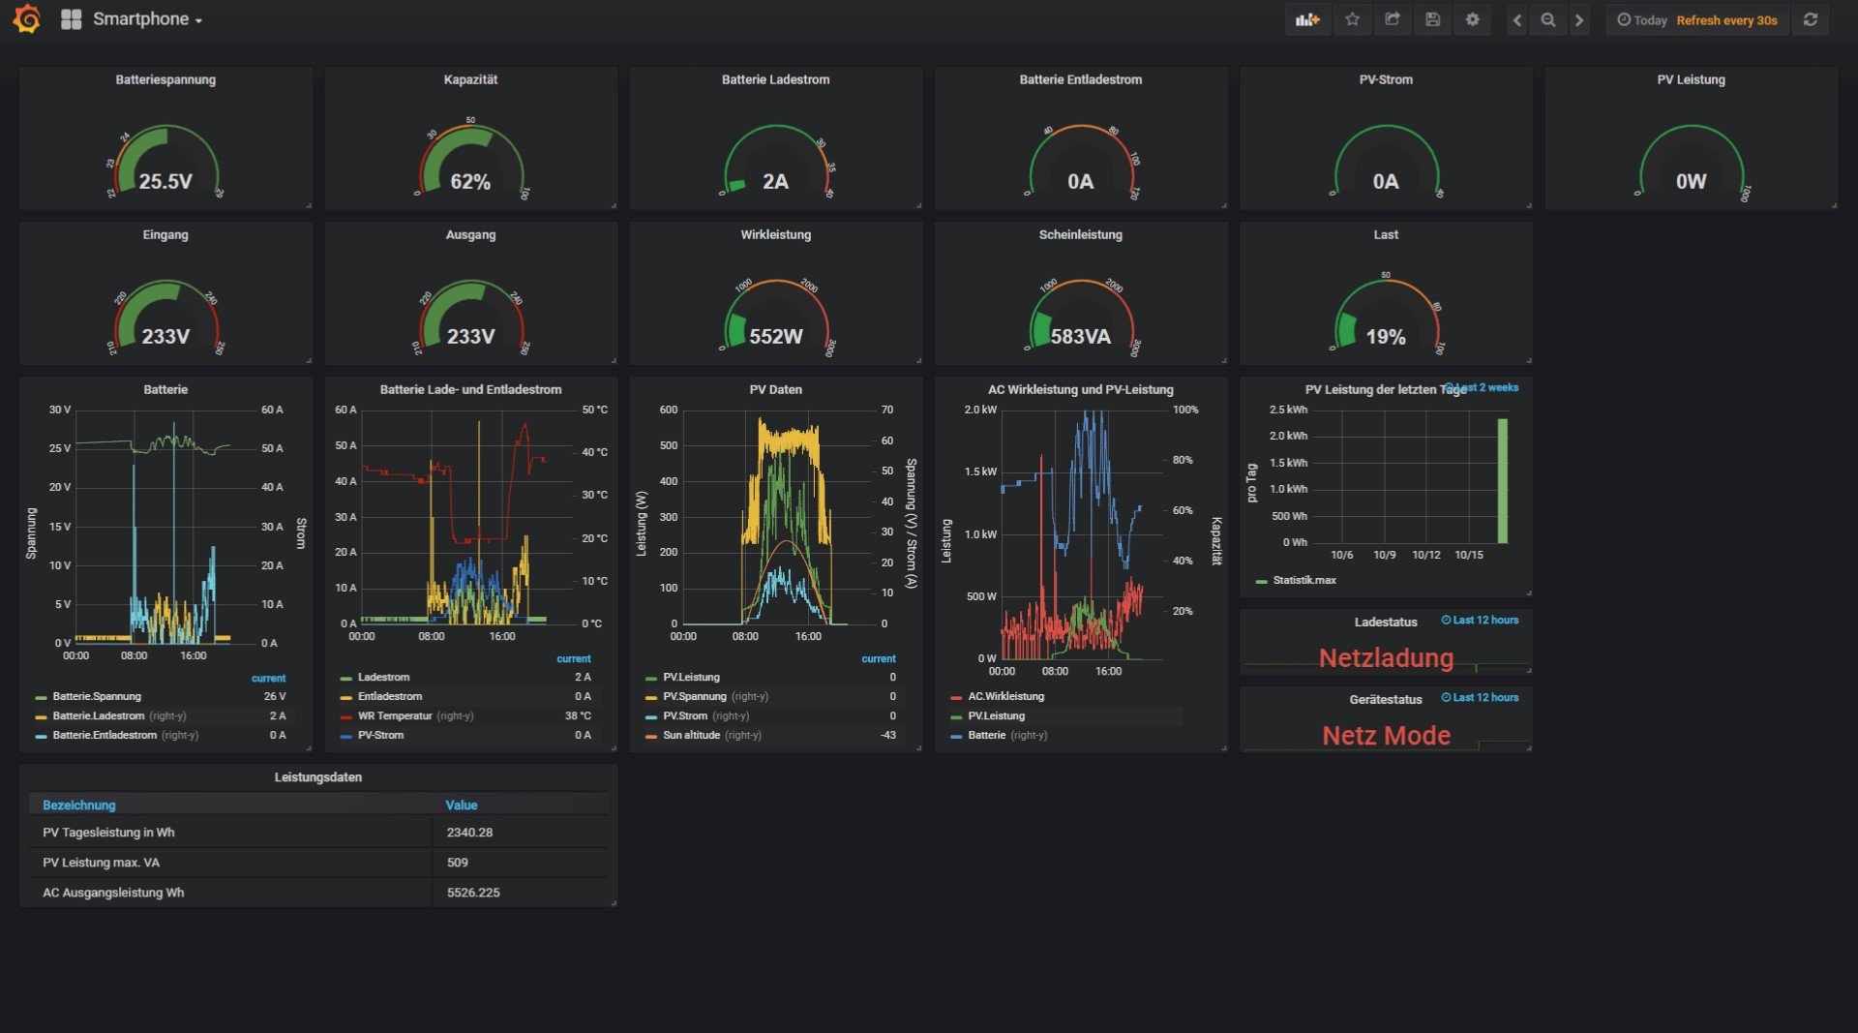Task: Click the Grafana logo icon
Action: [x=27, y=19]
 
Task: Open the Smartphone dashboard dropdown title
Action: [x=146, y=19]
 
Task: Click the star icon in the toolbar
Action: [x=1352, y=19]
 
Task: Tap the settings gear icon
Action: [x=1472, y=19]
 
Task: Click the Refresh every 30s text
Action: [x=1726, y=20]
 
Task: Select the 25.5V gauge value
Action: [x=165, y=181]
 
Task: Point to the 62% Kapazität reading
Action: [x=470, y=181]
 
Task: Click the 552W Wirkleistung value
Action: [x=776, y=336]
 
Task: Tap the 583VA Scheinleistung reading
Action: [x=1081, y=336]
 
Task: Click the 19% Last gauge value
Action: [x=1386, y=336]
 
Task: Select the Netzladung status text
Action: [x=1386, y=658]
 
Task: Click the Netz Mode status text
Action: [x=1386, y=736]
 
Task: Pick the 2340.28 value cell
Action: [x=470, y=833]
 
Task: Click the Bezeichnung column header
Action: [x=79, y=805]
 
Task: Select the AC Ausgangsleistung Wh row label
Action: [x=113, y=893]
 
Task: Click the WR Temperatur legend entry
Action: [x=395, y=716]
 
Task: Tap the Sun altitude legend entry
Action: [x=691, y=736]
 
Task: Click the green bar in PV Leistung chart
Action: [x=1503, y=481]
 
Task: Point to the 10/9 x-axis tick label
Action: [x=1385, y=555]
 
